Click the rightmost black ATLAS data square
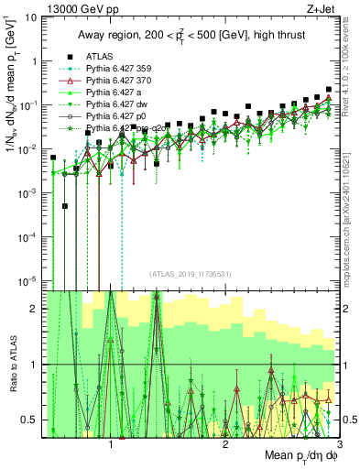[329, 90]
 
